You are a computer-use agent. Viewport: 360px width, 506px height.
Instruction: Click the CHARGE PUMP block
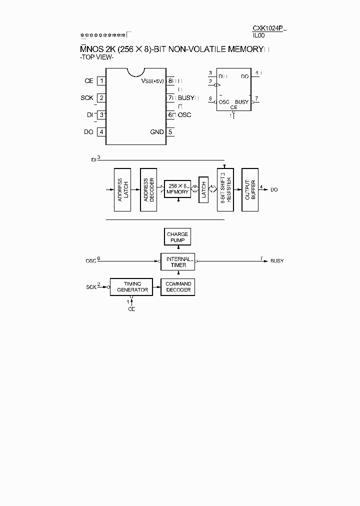tap(177, 237)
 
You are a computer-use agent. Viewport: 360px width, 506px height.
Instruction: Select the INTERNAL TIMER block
tap(177, 262)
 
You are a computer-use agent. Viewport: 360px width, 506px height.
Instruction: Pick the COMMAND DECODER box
tap(178, 287)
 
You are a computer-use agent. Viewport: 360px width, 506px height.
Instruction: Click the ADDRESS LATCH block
tap(122, 189)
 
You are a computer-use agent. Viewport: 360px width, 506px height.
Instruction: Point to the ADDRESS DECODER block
tap(148, 189)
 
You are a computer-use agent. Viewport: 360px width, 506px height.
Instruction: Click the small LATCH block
tap(203, 189)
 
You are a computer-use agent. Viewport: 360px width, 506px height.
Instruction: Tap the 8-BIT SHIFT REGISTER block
tap(225, 189)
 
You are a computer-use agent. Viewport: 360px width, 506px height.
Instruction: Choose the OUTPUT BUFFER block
tap(249, 189)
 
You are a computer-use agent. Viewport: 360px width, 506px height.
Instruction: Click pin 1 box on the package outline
tap(101, 81)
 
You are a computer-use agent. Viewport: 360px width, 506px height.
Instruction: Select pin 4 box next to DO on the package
tap(101, 132)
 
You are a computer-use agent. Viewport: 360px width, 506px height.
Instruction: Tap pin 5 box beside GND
tap(170, 132)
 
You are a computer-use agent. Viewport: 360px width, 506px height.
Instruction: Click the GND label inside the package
tap(157, 132)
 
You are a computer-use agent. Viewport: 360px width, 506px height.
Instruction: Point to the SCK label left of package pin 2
tap(87, 98)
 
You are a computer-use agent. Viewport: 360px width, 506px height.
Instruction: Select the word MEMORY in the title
tap(244, 49)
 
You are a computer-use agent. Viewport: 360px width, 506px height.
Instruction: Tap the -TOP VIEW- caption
tap(97, 57)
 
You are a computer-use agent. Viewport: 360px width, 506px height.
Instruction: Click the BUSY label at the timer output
tap(277, 261)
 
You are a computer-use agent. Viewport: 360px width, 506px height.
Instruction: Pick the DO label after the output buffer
tap(274, 190)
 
